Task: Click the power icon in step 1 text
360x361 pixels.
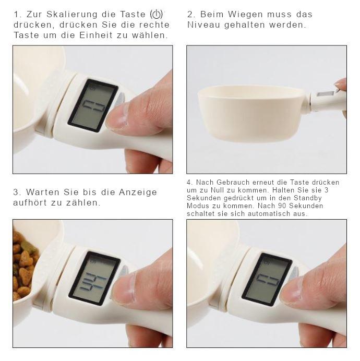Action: (x=155, y=15)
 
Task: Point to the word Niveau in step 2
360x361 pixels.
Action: (x=204, y=25)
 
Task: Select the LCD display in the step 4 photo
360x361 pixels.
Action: (x=267, y=279)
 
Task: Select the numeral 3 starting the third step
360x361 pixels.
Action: (x=16, y=192)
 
